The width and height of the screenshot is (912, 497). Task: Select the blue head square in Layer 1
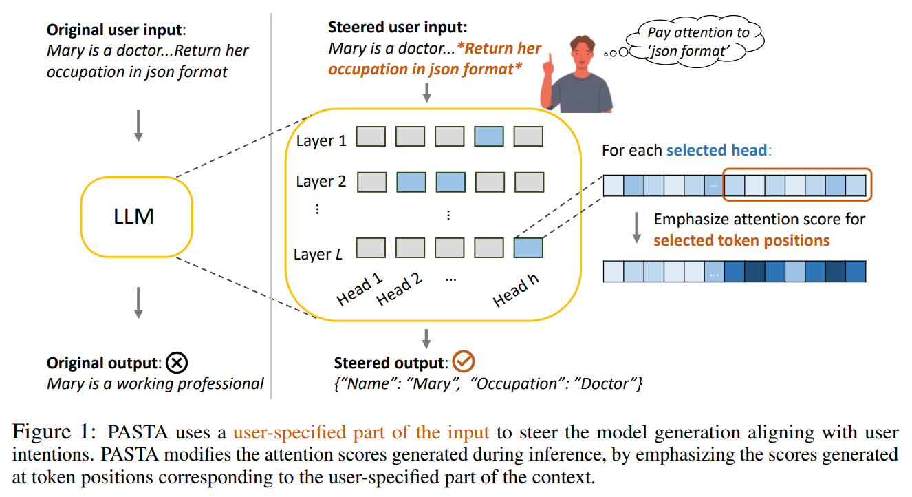(x=488, y=136)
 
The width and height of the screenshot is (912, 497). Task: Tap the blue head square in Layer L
(x=528, y=248)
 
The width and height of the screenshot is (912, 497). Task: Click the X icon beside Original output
(x=177, y=363)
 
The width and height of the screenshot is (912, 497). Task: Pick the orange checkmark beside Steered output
(x=464, y=361)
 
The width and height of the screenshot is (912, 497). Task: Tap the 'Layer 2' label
(x=321, y=181)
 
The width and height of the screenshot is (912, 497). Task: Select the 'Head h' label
(x=515, y=290)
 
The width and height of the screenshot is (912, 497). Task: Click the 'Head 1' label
(x=359, y=289)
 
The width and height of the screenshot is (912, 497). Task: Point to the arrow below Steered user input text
(x=426, y=92)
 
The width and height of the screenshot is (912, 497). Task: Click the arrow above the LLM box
(x=138, y=126)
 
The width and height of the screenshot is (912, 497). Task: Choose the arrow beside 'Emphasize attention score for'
(x=637, y=228)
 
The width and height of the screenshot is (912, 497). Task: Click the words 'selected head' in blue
(x=717, y=150)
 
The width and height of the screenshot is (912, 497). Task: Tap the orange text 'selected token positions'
(x=741, y=240)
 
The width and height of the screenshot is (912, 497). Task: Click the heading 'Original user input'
(x=114, y=30)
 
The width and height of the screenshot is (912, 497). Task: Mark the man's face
(x=583, y=56)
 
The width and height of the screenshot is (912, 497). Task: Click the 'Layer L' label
(x=318, y=254)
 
